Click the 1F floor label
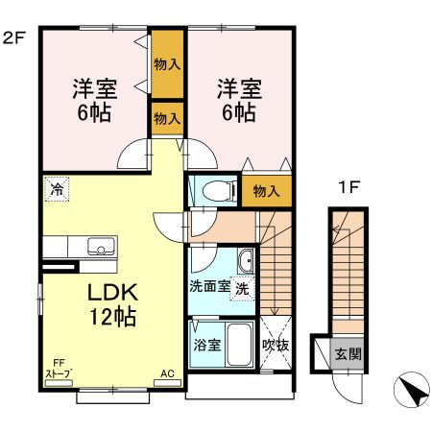click(x=348, y=187)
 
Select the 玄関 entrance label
click(x=348, y=352)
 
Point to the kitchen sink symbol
click(x=98, y=245)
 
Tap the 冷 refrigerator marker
click(x=57, y=188)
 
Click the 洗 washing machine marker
click(x=243, y=287)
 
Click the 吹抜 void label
click(x=276, y=345)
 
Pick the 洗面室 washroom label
click(x=208, y=286)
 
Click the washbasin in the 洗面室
click(x=245, y=259)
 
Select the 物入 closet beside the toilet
click(x=266, y=190)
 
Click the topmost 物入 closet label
click(x=168, y=65)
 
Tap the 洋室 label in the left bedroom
click(x=95, y=89)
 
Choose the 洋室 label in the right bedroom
click(x=238, y=89)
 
